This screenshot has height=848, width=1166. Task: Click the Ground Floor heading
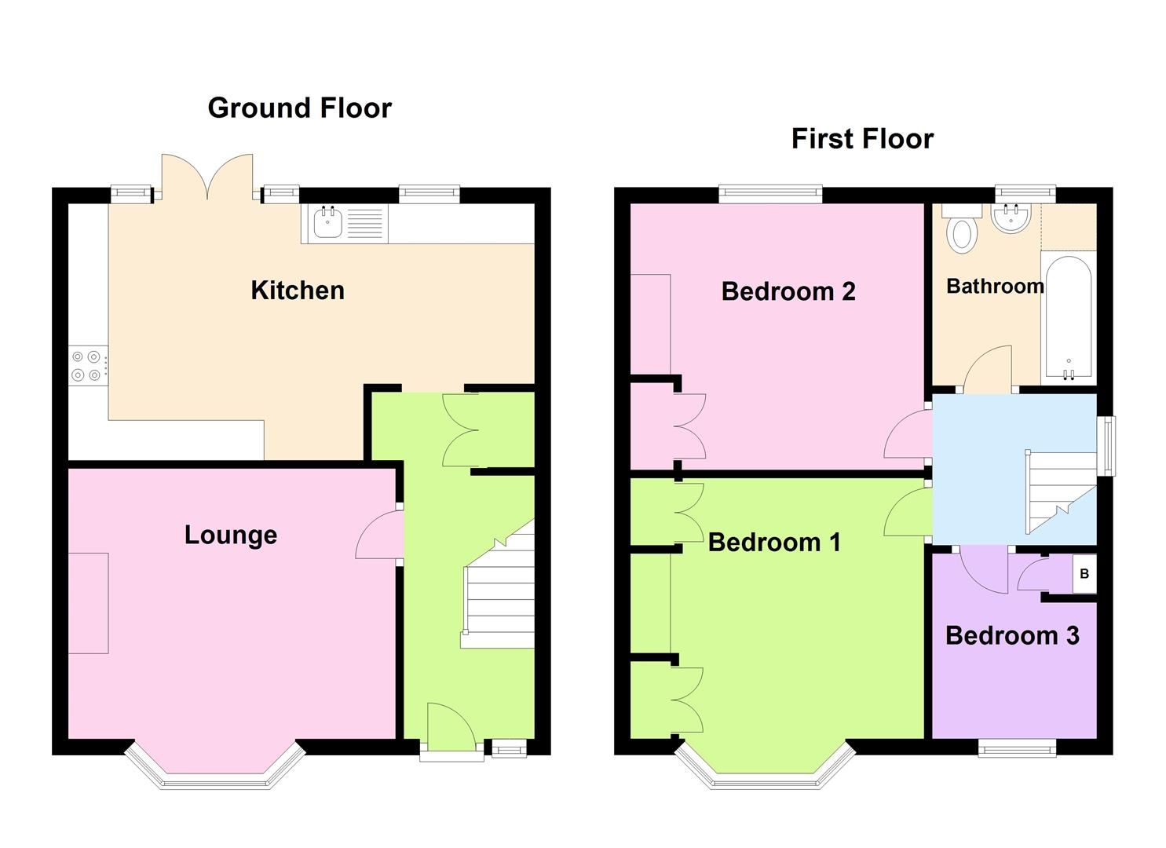[x=299, y=108]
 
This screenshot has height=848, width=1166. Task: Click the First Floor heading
[x=862, y=139]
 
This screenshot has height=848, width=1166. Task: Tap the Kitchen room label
[x=298, y=291]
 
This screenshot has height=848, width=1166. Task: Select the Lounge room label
[x=231, y=535]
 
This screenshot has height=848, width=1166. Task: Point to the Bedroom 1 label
[x=774, y=542]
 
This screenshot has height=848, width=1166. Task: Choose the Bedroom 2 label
[x=788, y=291]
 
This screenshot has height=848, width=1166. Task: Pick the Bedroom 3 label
[x=1012, y=635]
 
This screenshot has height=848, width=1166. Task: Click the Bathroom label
[x=995, y=286]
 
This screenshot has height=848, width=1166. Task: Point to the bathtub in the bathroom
[x=1067, y=318]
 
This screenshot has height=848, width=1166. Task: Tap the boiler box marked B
[x=1084, y=574]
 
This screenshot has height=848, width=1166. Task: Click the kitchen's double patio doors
[x=207, y=177]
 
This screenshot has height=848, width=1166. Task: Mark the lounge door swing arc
[x=378, y=534]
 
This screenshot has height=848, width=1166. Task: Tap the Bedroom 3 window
[x=1017, y=748]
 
